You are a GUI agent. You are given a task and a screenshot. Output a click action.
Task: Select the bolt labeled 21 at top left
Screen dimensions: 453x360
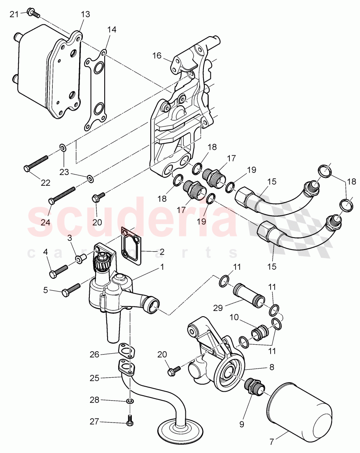point(33,13)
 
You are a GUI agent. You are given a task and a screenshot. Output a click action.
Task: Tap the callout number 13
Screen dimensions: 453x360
point(85,14)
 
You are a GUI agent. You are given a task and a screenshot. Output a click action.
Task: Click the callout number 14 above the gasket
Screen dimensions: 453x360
point(112,30)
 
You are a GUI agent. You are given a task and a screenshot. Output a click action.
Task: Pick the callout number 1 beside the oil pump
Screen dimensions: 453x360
point(162,267)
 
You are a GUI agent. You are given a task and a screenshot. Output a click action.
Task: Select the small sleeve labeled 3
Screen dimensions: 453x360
point(80,258)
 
